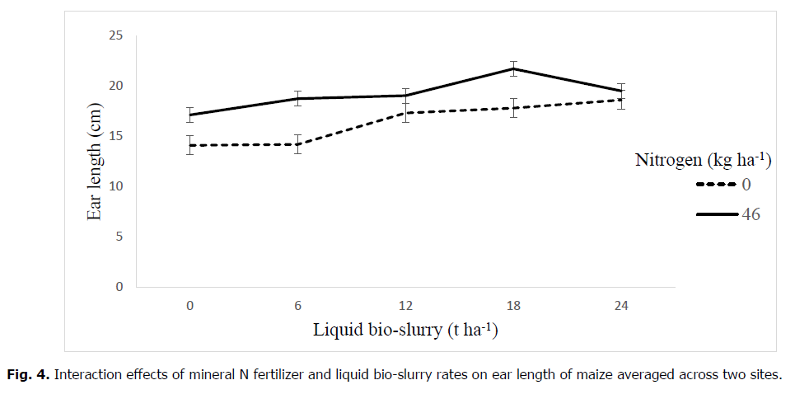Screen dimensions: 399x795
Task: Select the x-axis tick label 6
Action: [298, 306]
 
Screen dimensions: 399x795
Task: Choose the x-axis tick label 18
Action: [513, 306]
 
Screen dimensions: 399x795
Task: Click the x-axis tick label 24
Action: [621, 306]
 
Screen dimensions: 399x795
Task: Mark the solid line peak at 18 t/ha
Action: [513, 68]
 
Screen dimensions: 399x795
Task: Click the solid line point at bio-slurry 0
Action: [190, 115]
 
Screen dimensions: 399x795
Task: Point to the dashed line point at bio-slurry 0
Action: [190, 145]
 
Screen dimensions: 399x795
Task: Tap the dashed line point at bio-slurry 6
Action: [298, 144]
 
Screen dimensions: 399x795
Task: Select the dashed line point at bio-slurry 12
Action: [405, 113]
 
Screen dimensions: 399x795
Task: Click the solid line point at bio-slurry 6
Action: [298, 99]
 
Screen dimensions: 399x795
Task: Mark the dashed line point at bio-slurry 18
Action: [513, 108]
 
